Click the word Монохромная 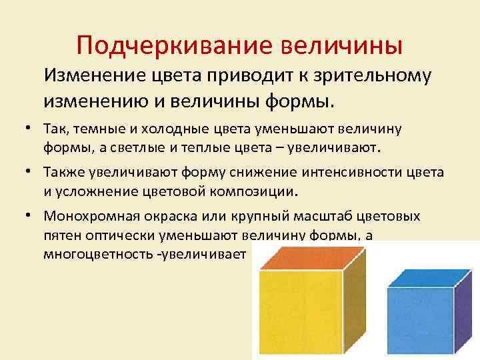click(x=88, y=216)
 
